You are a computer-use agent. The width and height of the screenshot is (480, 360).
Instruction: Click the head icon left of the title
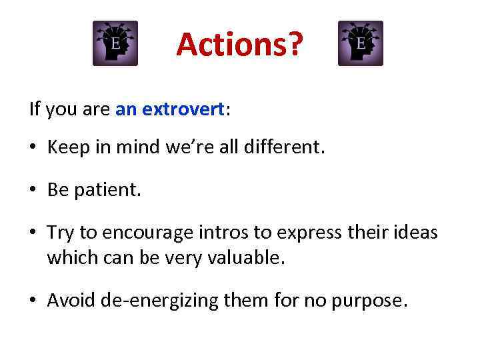pos(115,43)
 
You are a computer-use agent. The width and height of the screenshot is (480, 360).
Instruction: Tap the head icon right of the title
pos(361,43)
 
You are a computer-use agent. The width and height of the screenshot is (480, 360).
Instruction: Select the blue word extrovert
pos(190,109)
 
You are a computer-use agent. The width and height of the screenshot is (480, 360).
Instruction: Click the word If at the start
pos(34,109)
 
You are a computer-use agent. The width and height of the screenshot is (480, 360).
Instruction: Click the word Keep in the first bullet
pos(65,147)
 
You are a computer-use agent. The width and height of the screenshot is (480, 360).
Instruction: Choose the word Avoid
pos(71,301)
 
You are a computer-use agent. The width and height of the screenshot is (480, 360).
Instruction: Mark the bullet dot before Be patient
pos(34,191)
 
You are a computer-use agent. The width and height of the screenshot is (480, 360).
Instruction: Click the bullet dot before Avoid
pos(34,301)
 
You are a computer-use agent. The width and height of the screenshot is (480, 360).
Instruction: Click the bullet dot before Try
pos(34,233)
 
